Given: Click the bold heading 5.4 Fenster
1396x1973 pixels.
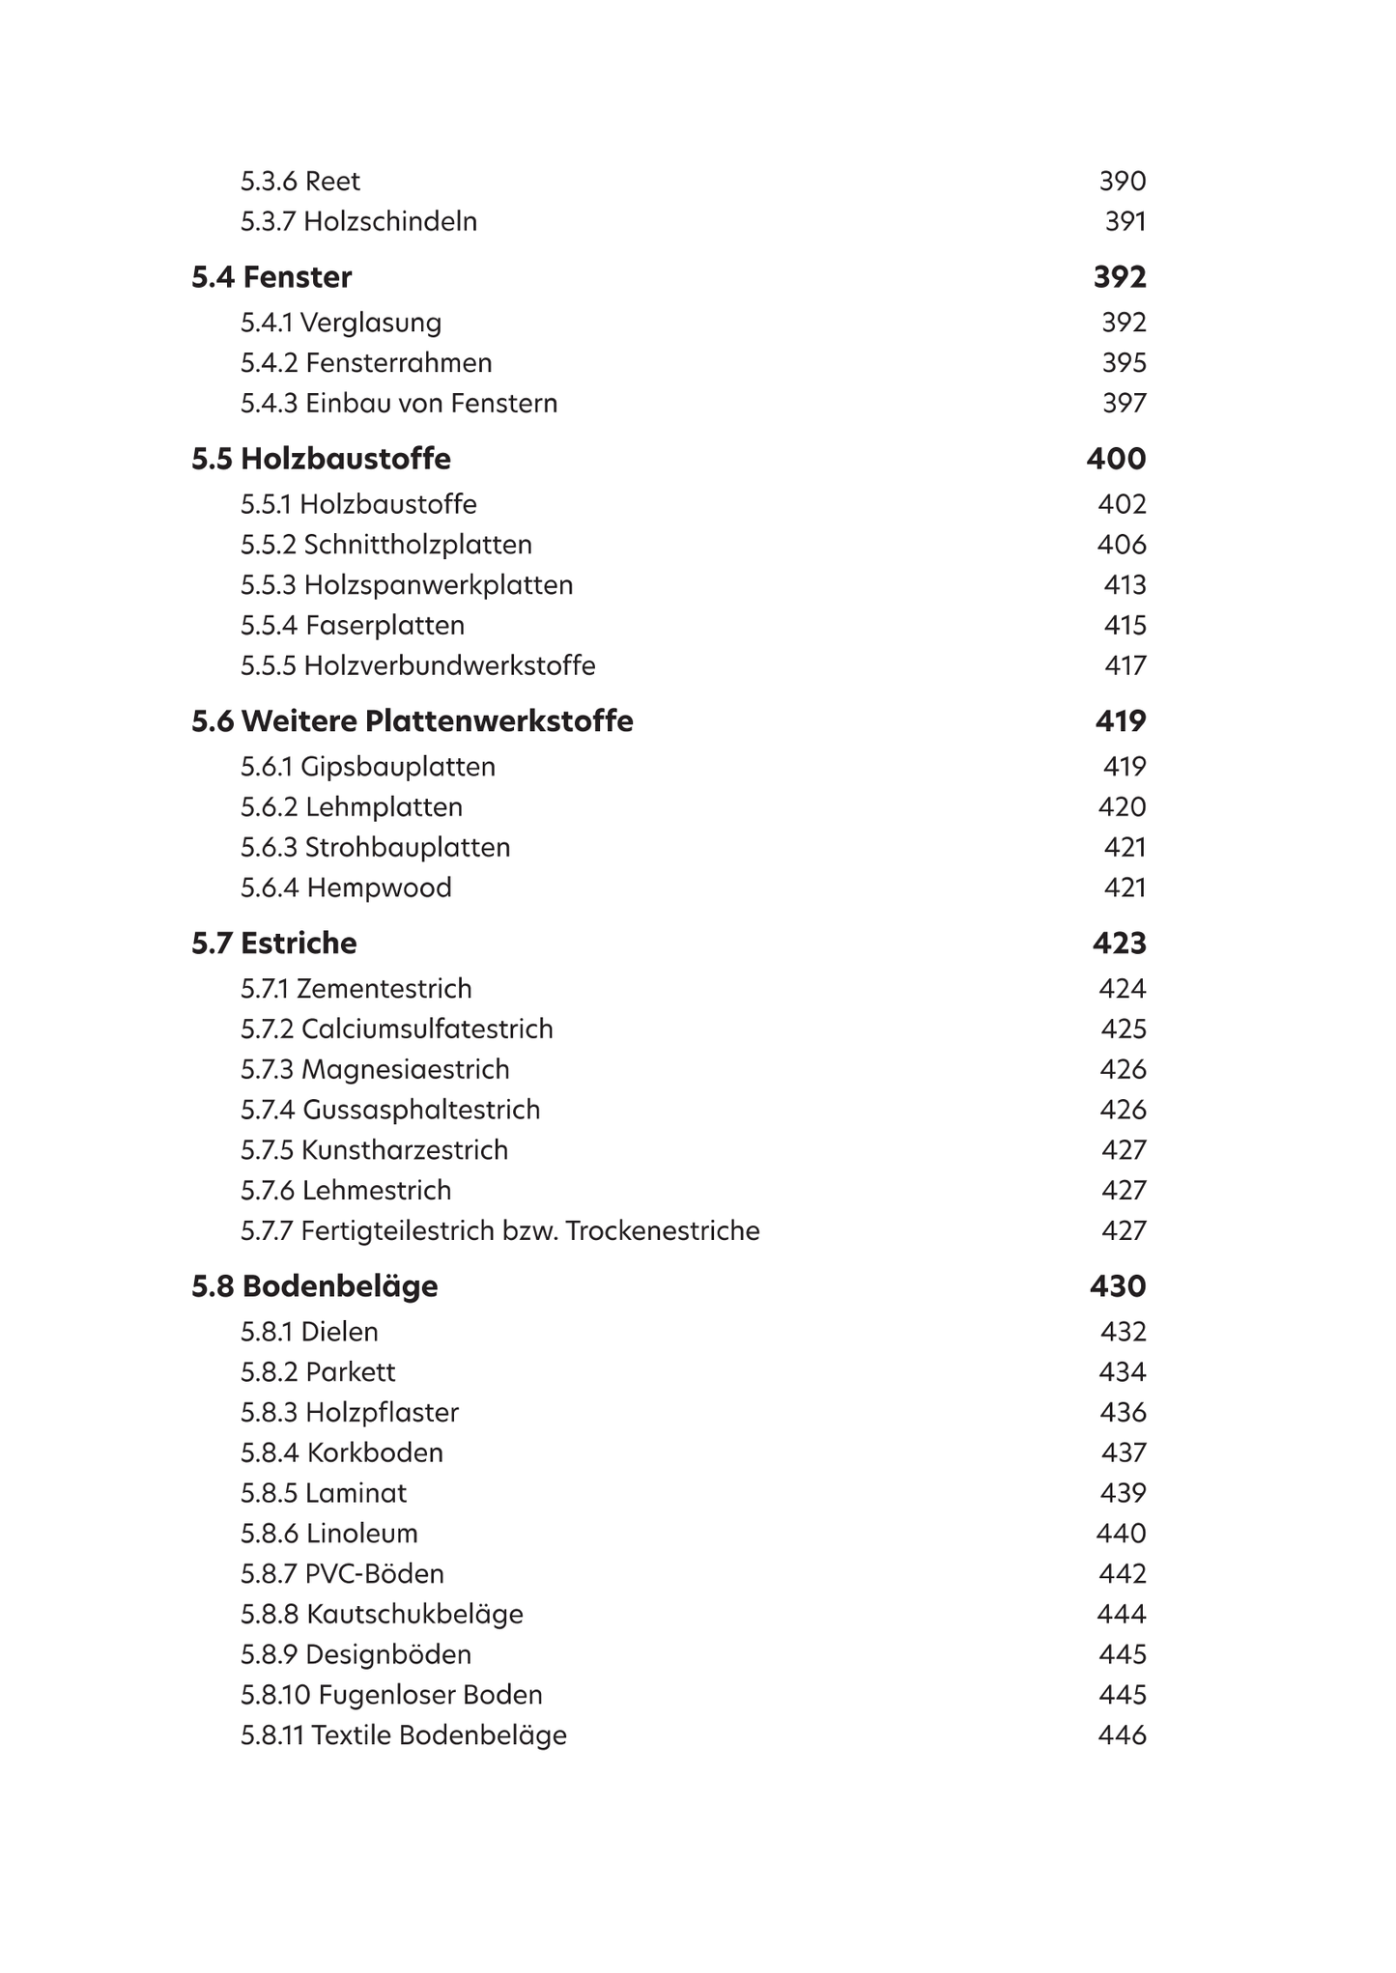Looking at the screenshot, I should point(271,277).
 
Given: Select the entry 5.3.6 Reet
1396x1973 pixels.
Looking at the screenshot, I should point(299,182).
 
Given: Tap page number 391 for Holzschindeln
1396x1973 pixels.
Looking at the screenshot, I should point(1125,222).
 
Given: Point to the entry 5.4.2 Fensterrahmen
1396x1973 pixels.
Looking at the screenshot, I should point(366,363).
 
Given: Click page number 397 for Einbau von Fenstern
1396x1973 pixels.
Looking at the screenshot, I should point(1124,404).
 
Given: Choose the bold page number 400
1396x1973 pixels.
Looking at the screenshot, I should point(1116,459).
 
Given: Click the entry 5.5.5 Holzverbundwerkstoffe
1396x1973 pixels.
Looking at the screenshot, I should point(417,666).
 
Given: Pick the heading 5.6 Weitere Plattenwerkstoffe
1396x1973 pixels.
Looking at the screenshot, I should point(413,721).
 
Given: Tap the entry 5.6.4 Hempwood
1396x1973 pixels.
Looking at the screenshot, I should point(346,888).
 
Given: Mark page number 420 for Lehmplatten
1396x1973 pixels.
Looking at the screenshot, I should point(1122,807).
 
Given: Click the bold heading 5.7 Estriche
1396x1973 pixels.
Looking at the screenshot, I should point(274,944).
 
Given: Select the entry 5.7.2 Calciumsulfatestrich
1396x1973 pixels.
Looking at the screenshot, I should point(396,1029).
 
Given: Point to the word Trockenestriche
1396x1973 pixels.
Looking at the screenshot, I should point(663,1231).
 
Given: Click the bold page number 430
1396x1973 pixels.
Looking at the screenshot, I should point(1118,1286).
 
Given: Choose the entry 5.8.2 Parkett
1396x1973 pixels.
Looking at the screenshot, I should point(318,1372).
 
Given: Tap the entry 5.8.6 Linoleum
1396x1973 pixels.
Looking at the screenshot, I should point(328,1534).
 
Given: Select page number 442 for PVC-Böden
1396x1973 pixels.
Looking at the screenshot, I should point(1122,1574).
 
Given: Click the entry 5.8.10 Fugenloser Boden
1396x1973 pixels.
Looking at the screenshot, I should point(391,1695).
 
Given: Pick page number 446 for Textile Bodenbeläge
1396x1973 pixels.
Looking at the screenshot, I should point(1122,1735).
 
